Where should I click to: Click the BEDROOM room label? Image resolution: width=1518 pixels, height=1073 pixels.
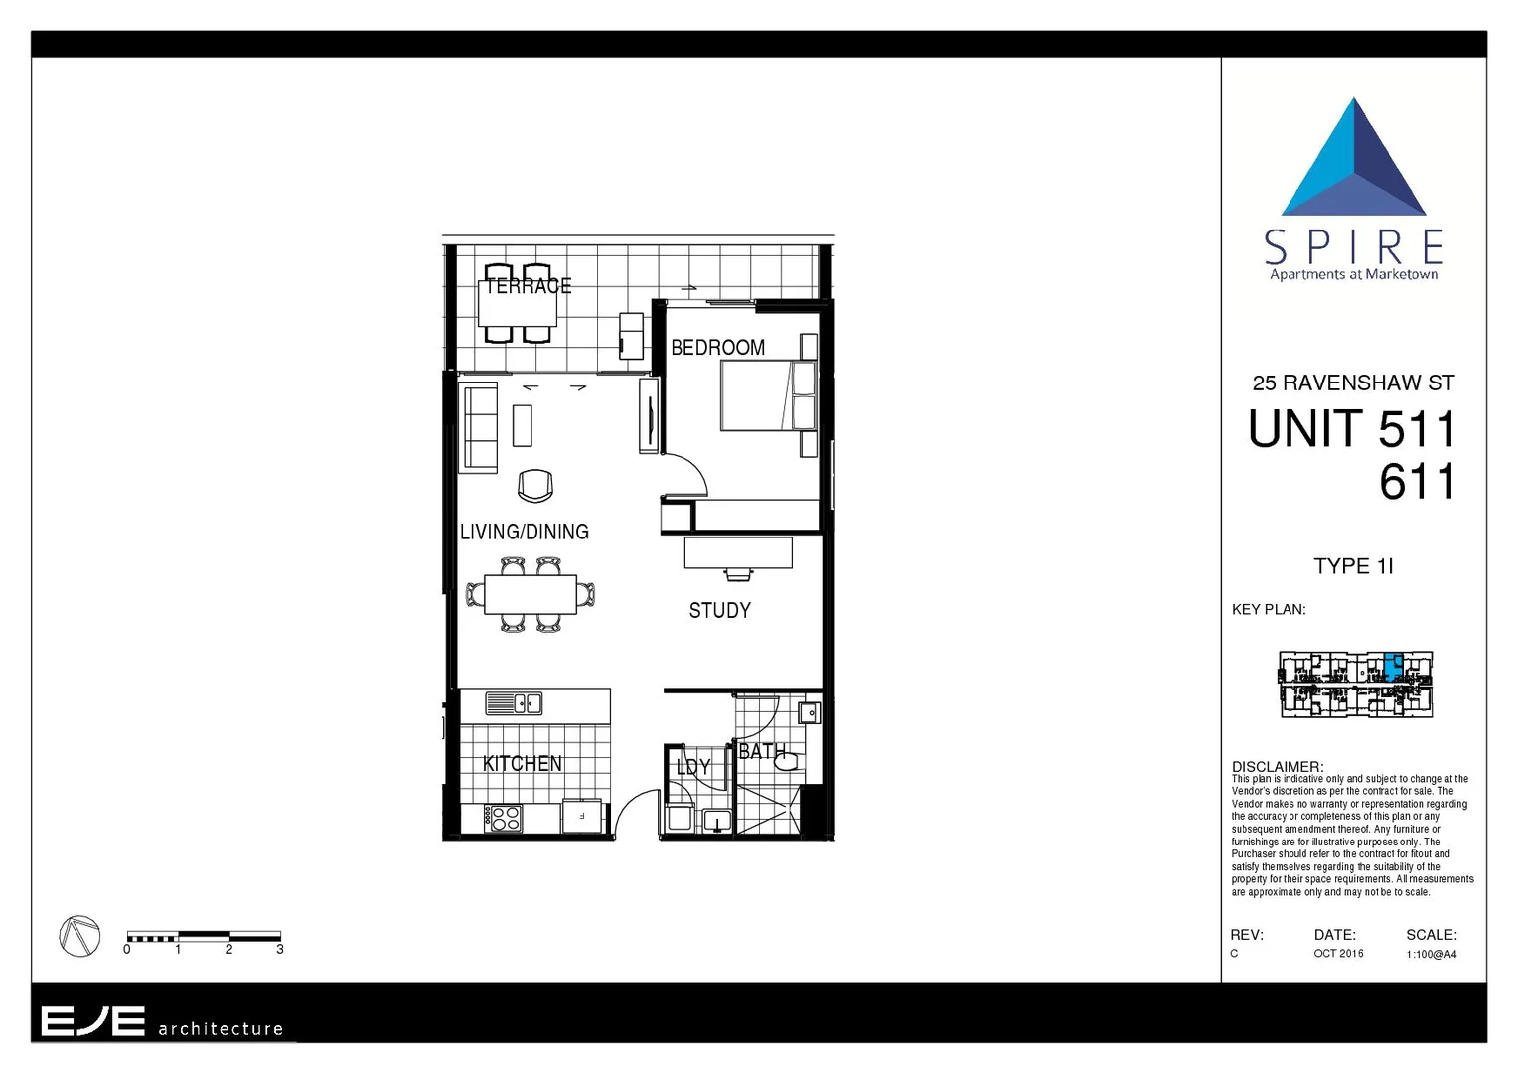point(717,348)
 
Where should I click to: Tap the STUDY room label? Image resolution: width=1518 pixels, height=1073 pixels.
point(719,610)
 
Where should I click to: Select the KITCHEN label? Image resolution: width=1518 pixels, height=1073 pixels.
point(522,763)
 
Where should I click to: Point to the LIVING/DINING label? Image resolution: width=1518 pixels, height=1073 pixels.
point(524,532)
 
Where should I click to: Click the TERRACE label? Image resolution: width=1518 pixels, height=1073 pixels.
point(528,286)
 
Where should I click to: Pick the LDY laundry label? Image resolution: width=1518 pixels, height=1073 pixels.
point(692,767)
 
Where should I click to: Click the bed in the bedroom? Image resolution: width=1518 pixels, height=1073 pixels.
point(767,395)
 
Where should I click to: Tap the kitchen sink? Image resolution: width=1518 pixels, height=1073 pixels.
point(514,703)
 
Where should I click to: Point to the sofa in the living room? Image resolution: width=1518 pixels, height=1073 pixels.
point(479,428)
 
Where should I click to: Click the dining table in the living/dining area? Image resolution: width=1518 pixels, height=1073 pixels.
point(530,595)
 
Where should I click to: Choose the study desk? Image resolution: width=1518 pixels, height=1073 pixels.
point(738,552)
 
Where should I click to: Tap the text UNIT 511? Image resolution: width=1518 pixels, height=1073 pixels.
point(1352,430)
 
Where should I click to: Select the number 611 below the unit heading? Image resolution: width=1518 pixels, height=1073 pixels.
point(1417,483)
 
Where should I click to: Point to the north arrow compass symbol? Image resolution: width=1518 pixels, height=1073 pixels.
point(79,936)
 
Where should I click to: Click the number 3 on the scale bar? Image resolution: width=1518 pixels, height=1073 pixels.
point(280,950)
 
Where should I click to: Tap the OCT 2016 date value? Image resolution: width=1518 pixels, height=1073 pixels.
point(1338,954)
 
